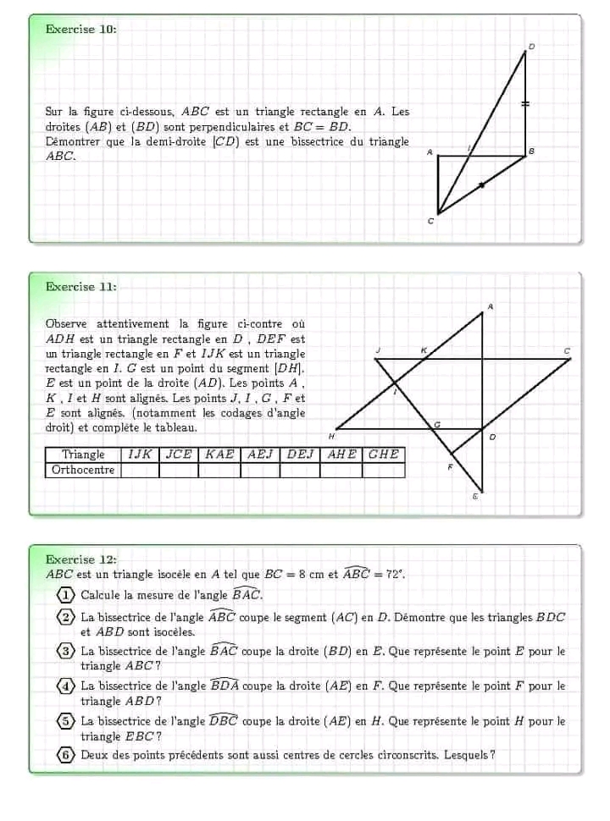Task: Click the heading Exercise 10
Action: pyautogui.click(x=81, y=29)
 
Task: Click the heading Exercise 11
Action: pyautogui.click(x=81, y=287)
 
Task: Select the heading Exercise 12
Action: pyautogui.click(x=81, y=559)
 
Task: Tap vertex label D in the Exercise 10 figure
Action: pyautogui.click(x=532, y=46)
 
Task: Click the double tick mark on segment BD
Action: pyautogui.click(x=525, y=103)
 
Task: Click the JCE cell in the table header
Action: pyautogui.click(x=179, y=455)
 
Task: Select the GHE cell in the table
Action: pyautogui.click(x=384, y=455)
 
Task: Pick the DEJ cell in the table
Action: pyautogui.click(x=300, y=455)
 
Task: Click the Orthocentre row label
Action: pyautogui.click(x=83, y=470)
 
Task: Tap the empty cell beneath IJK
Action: pyautogui.click(x=140, y=470)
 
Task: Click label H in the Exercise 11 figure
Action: pyautogui.click(x=331, y=435)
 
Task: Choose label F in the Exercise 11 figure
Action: pyautogui.click(x=450, y=466)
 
